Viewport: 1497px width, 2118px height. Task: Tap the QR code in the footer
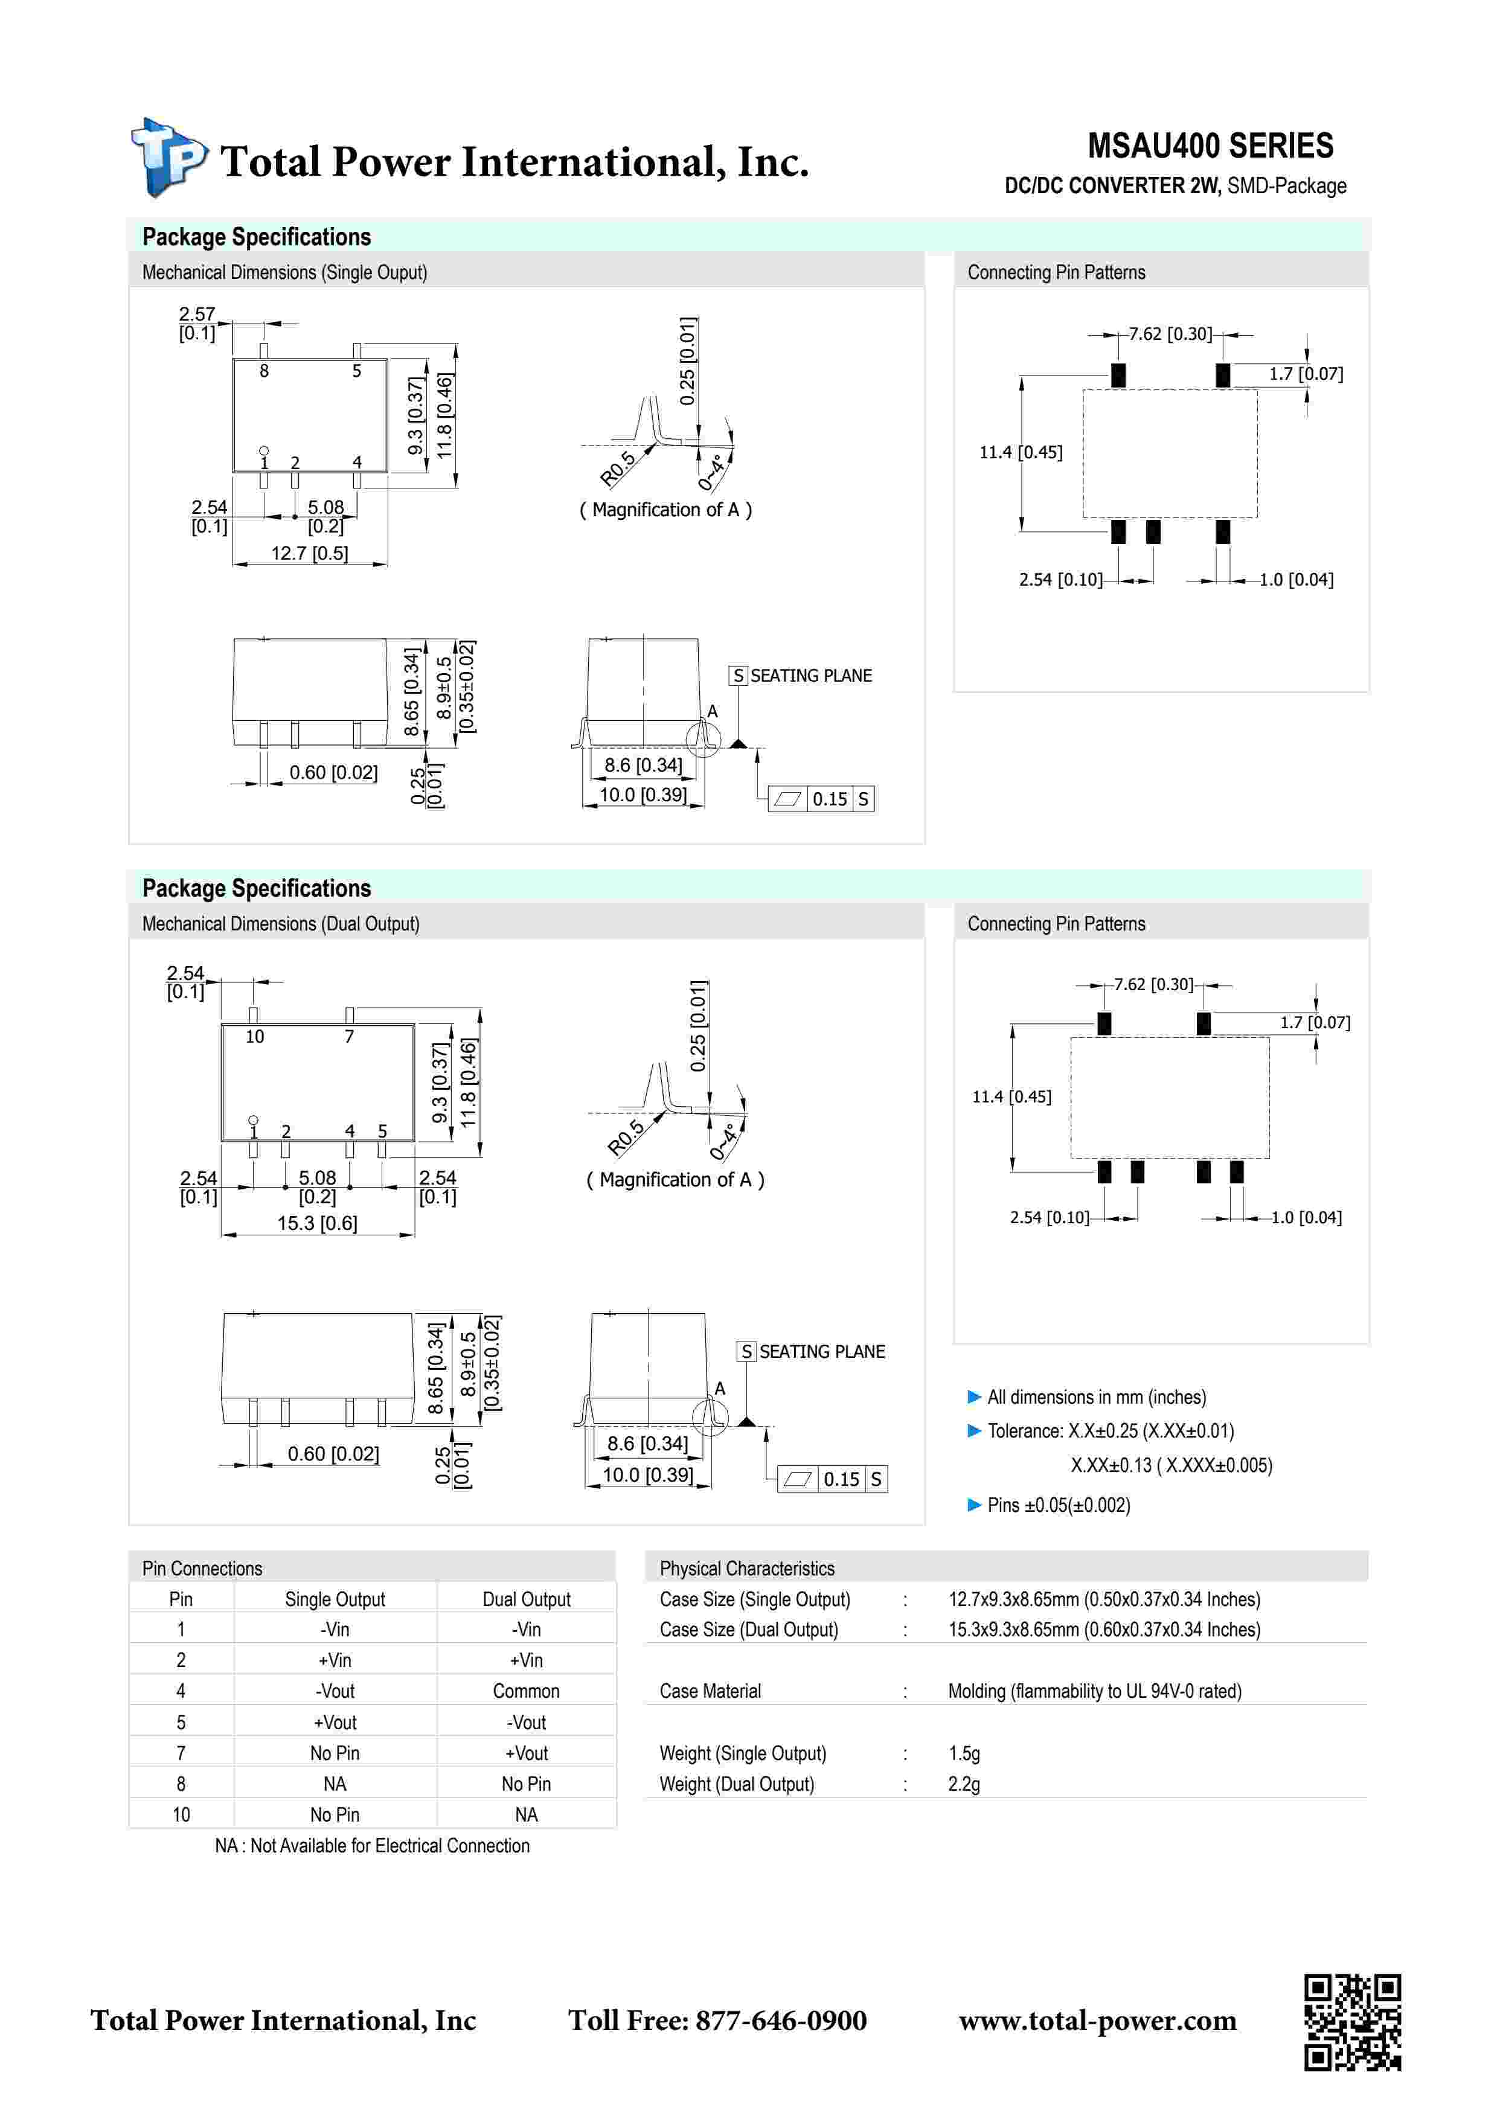tap(1351, 2022)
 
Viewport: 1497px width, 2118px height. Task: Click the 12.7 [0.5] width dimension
tap(309, 554)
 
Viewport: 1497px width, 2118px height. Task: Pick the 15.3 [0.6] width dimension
tap(316, 1223)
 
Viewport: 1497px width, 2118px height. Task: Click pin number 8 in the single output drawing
tap(264, 371)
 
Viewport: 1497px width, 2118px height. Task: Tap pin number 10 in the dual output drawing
tap(255, 1037)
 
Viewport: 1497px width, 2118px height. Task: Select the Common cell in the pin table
tap(526, 1691)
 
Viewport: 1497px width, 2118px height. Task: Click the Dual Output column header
tap(526, 1599)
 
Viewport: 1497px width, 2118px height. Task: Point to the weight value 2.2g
tap(963, 1784)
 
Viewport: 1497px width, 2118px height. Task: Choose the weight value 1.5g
tap(963, 1753)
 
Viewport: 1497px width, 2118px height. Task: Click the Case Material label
tap(710, 1691)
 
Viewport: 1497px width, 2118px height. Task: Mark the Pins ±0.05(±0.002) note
tap(1058, 1505)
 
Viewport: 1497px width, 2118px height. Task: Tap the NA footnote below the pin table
tap(372, 1846)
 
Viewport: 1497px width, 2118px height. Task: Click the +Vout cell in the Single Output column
tap(335, 1723)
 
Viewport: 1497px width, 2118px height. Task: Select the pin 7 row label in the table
tap(181, 1753)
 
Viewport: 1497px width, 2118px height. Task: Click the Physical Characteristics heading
tap(746, 1568)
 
